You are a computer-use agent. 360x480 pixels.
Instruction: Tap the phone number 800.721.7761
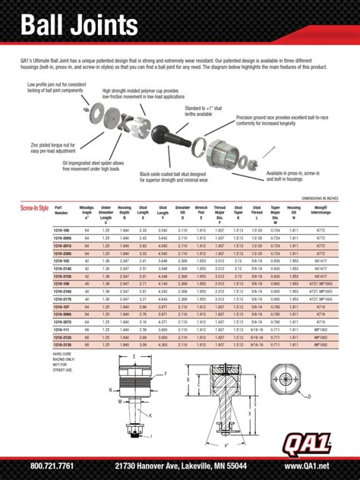pos(52,466)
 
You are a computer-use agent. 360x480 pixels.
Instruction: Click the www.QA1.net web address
pos(307,466)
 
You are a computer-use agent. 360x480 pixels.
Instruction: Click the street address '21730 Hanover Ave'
pos(147,466)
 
